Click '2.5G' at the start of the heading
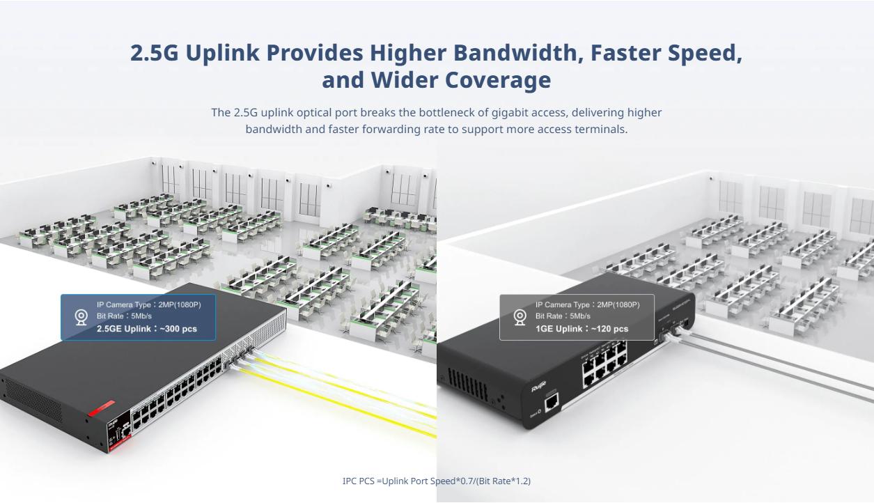(154, 53)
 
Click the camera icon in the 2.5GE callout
(81, 318)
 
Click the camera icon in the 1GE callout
(520, 318)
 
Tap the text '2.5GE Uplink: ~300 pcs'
(146, 329)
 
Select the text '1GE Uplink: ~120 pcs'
(582, 329)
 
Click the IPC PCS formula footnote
(437, 481)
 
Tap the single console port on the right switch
(551, 402)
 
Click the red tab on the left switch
(100, 408)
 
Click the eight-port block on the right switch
(603, 364)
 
